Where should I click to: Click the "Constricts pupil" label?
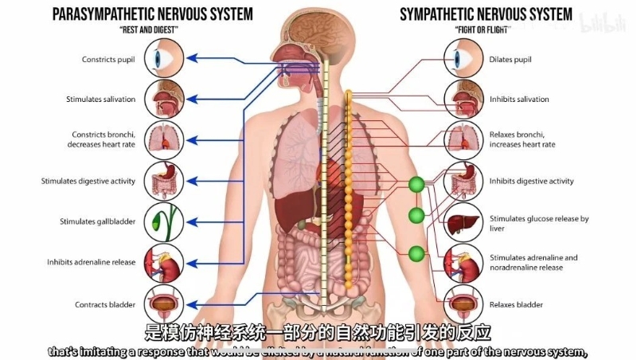coord(109,60)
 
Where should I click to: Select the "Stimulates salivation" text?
coord(101,100)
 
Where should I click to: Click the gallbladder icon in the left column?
coord(164,221)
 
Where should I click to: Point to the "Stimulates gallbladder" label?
coord(97,221)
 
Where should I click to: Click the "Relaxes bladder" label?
coord(517,304)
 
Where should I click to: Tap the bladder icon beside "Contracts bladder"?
coord(164,303)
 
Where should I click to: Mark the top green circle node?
coord(416,185)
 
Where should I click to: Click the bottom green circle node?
coord(416,254)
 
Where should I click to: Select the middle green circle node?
coord(416,216)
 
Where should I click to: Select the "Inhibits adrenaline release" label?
coord(91,262)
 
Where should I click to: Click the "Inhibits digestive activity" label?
coord(531,181)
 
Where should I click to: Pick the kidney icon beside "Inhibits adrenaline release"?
coord(164,262)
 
